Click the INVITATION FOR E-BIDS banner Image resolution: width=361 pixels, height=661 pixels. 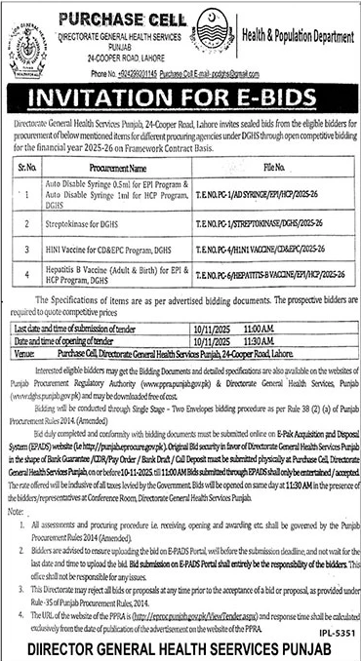point(180,98)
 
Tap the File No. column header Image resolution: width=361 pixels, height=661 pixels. point(258,168)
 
